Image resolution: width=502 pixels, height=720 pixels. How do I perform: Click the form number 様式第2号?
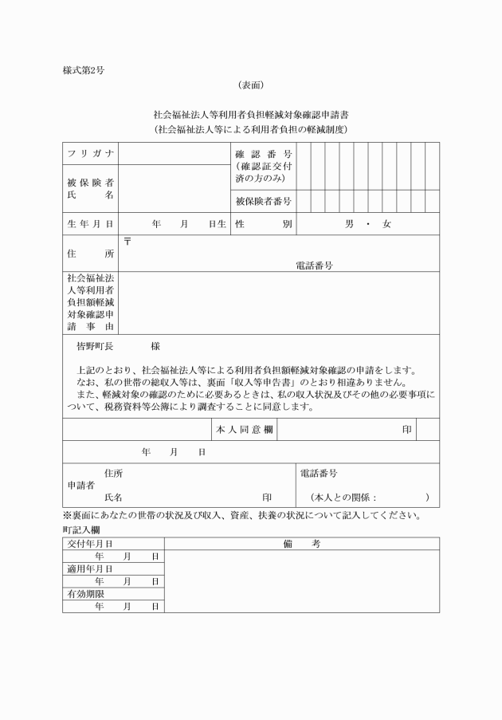(84, 70)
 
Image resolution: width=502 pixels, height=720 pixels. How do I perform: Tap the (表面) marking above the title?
(250, 85)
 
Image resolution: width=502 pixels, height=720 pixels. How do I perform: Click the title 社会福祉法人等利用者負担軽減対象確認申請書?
(250, 116)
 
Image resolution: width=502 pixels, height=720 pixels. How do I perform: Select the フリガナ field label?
(90, 153)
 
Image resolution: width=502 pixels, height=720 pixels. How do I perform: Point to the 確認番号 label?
(263, 154)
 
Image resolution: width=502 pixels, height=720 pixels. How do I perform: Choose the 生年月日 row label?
(90, 225)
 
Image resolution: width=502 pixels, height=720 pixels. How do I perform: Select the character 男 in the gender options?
(349, 225)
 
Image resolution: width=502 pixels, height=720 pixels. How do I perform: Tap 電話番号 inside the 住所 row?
(315, 266)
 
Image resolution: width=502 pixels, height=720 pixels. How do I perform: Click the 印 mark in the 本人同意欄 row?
(406, 429)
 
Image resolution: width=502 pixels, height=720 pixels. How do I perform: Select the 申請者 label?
(80, 485)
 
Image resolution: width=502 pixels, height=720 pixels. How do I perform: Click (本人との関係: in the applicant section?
(344, 498)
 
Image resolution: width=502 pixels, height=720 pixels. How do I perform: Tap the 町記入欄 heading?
(80, 529)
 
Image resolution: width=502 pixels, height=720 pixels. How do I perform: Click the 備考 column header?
(301, 544)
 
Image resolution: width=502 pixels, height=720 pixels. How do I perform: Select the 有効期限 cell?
(82, 594)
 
